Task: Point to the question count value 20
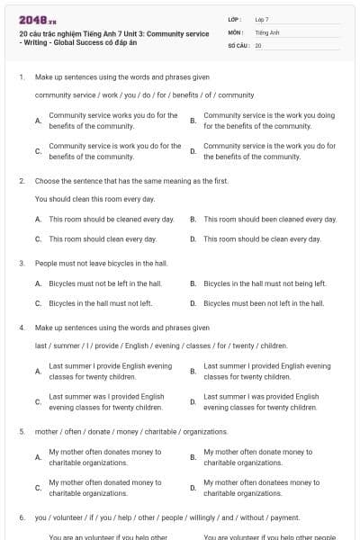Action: click(x=258, y=44)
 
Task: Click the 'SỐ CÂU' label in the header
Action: click(x=236, y=44)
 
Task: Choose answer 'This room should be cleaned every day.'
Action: click(x=111, y=219)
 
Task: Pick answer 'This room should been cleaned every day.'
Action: click(x=270, y=219)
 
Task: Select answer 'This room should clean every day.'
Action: click(x=103, y=239)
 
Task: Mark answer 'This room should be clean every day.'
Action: click(x=262, y=239)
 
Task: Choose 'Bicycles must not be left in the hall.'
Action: click(x=104, y=283)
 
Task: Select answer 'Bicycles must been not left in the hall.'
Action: click(x=264, y=303)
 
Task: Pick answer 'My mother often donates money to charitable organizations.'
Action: click(x=104, y=457)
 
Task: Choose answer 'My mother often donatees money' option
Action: click(x=257, y=488)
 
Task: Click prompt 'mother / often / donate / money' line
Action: click(x=119, y=432)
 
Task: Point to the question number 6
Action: click(x=22, y=518)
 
